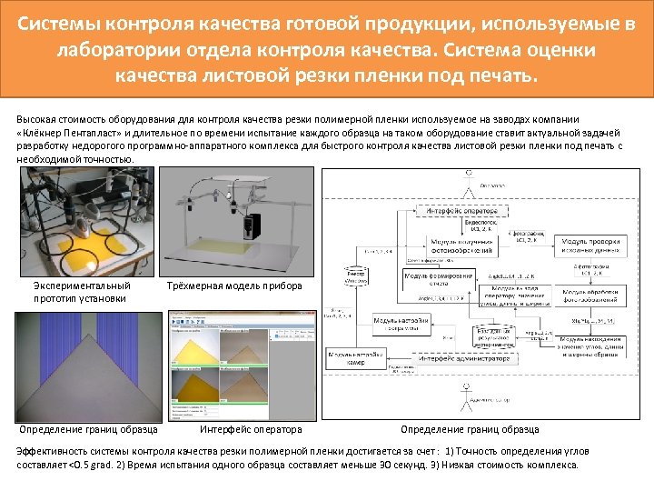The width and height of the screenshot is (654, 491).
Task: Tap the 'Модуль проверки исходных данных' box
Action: (591, 246)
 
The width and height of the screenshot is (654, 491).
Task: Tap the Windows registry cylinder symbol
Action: (355, 276)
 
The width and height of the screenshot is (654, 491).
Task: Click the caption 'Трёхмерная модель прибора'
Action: (234, 286)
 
